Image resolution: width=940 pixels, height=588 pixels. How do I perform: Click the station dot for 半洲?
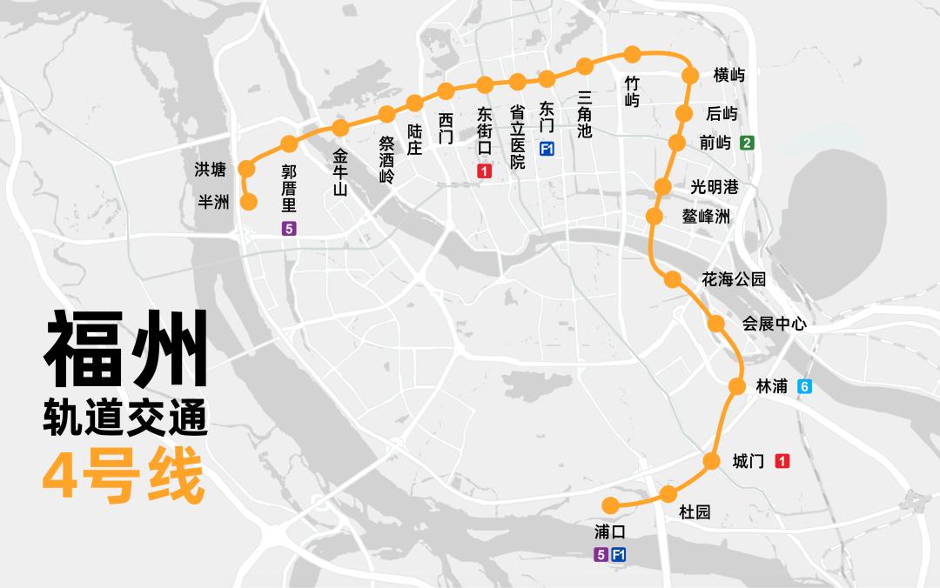click(248, 203)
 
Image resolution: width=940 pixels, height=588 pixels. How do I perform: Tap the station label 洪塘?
click(211, 169)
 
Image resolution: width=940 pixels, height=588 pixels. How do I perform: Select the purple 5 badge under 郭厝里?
click(289, 230)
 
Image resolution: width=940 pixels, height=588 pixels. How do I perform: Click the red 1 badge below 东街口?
click(485, 172)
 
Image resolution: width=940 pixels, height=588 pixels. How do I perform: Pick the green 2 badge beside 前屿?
click(747, 143)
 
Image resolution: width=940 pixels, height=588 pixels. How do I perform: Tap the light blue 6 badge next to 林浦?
click(805, 387)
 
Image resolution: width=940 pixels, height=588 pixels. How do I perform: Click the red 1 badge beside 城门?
click(782, 461)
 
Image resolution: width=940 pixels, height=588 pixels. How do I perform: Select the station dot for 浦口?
click(611, 504)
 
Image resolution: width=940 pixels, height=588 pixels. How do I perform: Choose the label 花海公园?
click(734, 279)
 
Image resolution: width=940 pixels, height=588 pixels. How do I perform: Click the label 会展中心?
click(774, 324)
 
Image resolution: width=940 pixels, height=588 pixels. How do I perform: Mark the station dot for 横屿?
click(691, 76)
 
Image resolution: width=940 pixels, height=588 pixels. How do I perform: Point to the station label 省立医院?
click(518, 137)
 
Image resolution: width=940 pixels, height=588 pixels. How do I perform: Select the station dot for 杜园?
click(668, 494)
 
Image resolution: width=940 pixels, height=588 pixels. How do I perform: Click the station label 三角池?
click(585, 114)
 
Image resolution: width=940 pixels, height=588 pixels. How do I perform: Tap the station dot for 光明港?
click(662, 186)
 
